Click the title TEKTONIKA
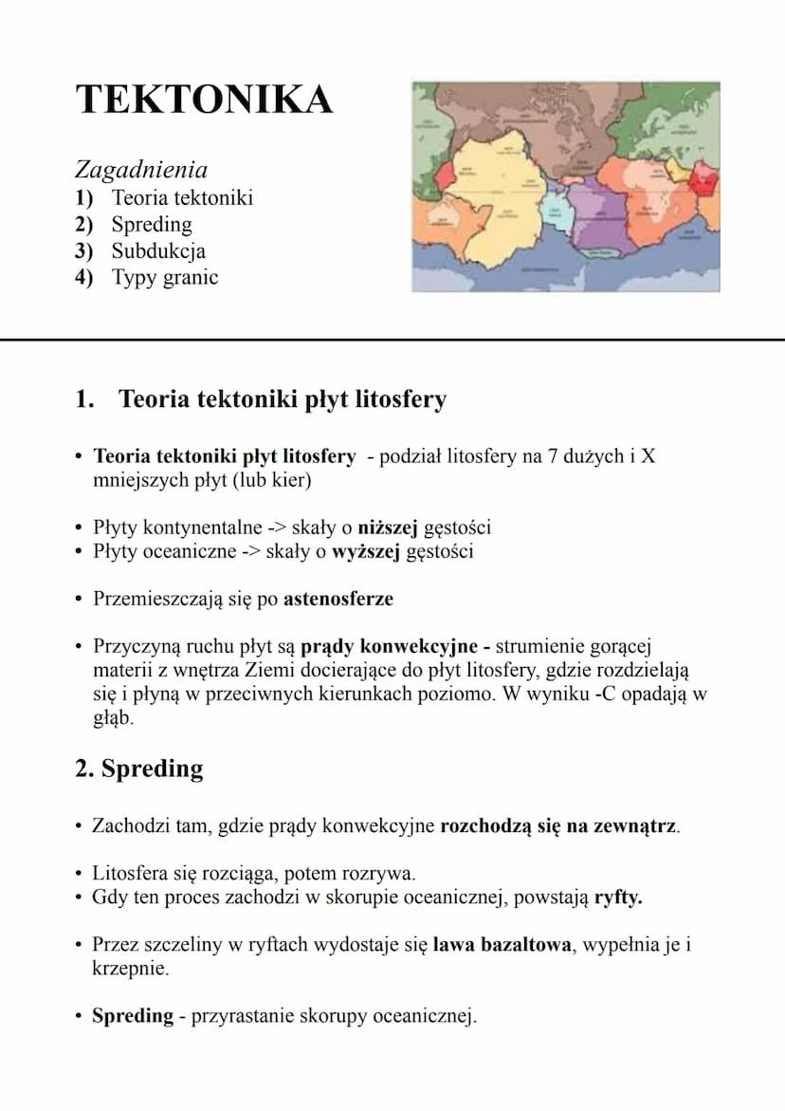click(204, 100)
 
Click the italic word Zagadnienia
click(140, 170)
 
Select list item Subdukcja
click(158, 251)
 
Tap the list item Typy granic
click(165, 278)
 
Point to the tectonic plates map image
click(565, 186)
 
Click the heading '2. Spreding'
click(138, 768)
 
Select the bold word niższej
click(392, 527)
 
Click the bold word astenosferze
click(338, 599)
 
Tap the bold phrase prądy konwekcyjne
click(389, 647)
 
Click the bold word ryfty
click(618, 898)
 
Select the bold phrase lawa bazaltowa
click(502, 945)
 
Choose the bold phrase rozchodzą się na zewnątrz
click(558, 825)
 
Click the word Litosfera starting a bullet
click(132, 873)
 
